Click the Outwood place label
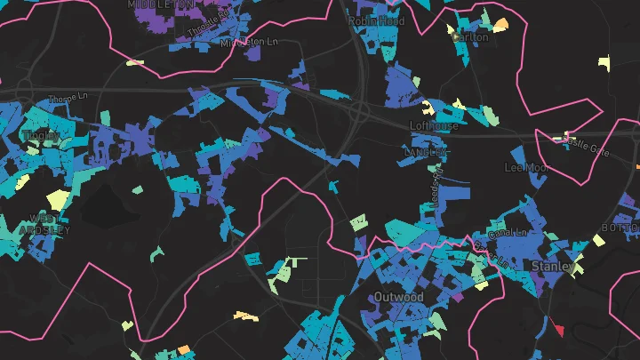[x=398, y=296]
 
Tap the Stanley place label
[x=548, y=266]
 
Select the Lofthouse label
[x=434, y=126]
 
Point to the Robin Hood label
[x=376, y=21]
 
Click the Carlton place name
[x=470, y=37]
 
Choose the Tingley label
[x=40, y=136]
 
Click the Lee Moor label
[x=524, y=167]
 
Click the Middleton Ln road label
[x=249, y=42]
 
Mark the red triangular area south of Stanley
[x=557, y=329]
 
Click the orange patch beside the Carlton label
[x=501, y=24]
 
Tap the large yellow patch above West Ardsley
[x=58, y=199]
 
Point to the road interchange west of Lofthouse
[x=359, y=111]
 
